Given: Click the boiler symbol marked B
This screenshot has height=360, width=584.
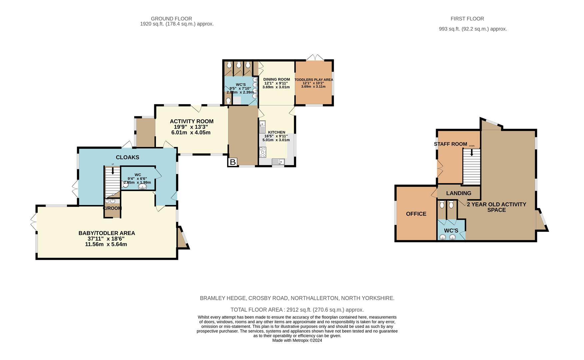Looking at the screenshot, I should (233, 162).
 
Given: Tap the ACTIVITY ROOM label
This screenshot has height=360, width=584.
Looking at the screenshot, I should (192, 121).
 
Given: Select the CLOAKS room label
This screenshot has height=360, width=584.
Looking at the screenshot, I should (127, 157).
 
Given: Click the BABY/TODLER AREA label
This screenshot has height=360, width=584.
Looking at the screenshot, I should (107, 233).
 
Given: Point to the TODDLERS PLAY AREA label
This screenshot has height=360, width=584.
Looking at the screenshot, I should (314, 80).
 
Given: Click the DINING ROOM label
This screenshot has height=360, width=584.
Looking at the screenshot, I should (277, 79).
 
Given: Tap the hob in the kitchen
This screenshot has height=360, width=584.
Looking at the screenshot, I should (263, 152).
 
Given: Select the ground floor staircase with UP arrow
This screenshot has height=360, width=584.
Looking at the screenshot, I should (113, 182).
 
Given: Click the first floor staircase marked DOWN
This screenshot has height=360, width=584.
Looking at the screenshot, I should (471, 166).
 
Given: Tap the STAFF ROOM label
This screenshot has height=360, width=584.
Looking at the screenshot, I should (450, 144).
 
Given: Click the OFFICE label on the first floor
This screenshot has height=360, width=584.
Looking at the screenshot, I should (416, 214).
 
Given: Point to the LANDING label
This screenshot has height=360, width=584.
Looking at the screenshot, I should (459, 193).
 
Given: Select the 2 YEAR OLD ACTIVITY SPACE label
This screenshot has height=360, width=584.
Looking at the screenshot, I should (496, 207).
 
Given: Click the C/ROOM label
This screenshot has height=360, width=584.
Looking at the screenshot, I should (112, 208).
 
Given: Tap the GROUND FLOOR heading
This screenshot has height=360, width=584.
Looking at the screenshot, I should (171, 19).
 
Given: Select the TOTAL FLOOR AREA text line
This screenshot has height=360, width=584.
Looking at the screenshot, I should (297, 310).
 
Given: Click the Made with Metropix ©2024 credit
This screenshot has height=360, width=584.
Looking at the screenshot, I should (297, 340).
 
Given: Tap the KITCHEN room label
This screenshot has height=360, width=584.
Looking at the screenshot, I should (277, 132).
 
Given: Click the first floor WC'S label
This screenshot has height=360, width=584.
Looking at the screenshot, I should (451, 231).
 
